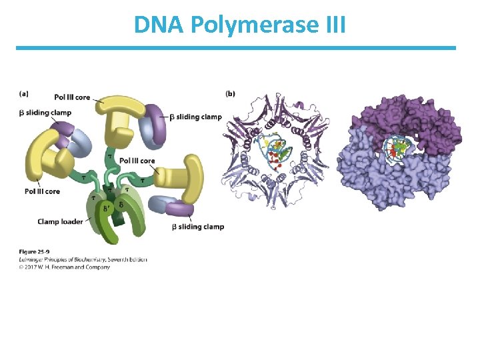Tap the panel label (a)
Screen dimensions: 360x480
[x=24, y=93]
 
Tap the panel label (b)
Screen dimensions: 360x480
[x=230, y=93]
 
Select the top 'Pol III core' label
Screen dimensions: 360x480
[x=72, y=97]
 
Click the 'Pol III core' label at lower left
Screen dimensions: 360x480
[x=42, y=191]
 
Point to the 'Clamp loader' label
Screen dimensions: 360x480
[x=60, y=221]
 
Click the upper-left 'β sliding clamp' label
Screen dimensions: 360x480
[x=45, y=113]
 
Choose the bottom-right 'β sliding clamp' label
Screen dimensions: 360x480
[x=198, y=227]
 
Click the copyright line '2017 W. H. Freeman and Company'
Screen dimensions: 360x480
[x=67, y=267]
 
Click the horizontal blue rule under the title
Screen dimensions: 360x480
[x=236, y=48]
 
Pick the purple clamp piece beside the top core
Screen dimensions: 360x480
[x=157, y=123]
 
